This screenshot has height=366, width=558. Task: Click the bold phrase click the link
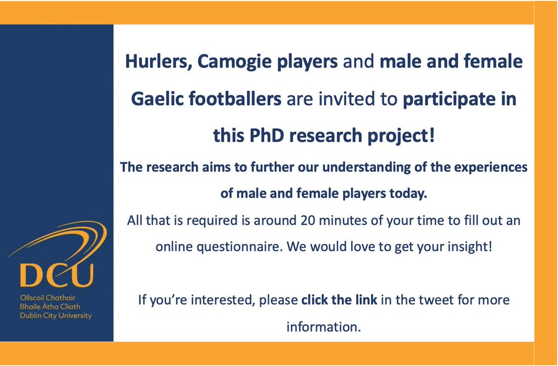click(339, 299)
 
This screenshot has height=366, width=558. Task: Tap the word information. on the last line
click(324, 326)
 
